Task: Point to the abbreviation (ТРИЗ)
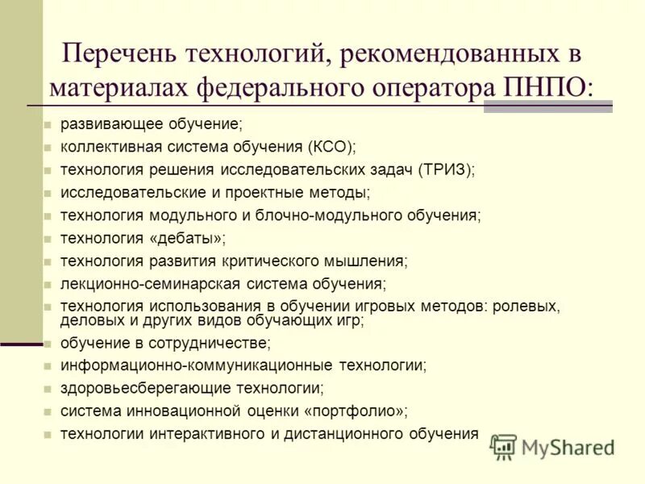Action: tap(446, 169)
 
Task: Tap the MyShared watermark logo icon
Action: tap(503, 447)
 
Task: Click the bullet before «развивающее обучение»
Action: tap(48, 125)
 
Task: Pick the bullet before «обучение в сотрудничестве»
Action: tap(48, 343)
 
